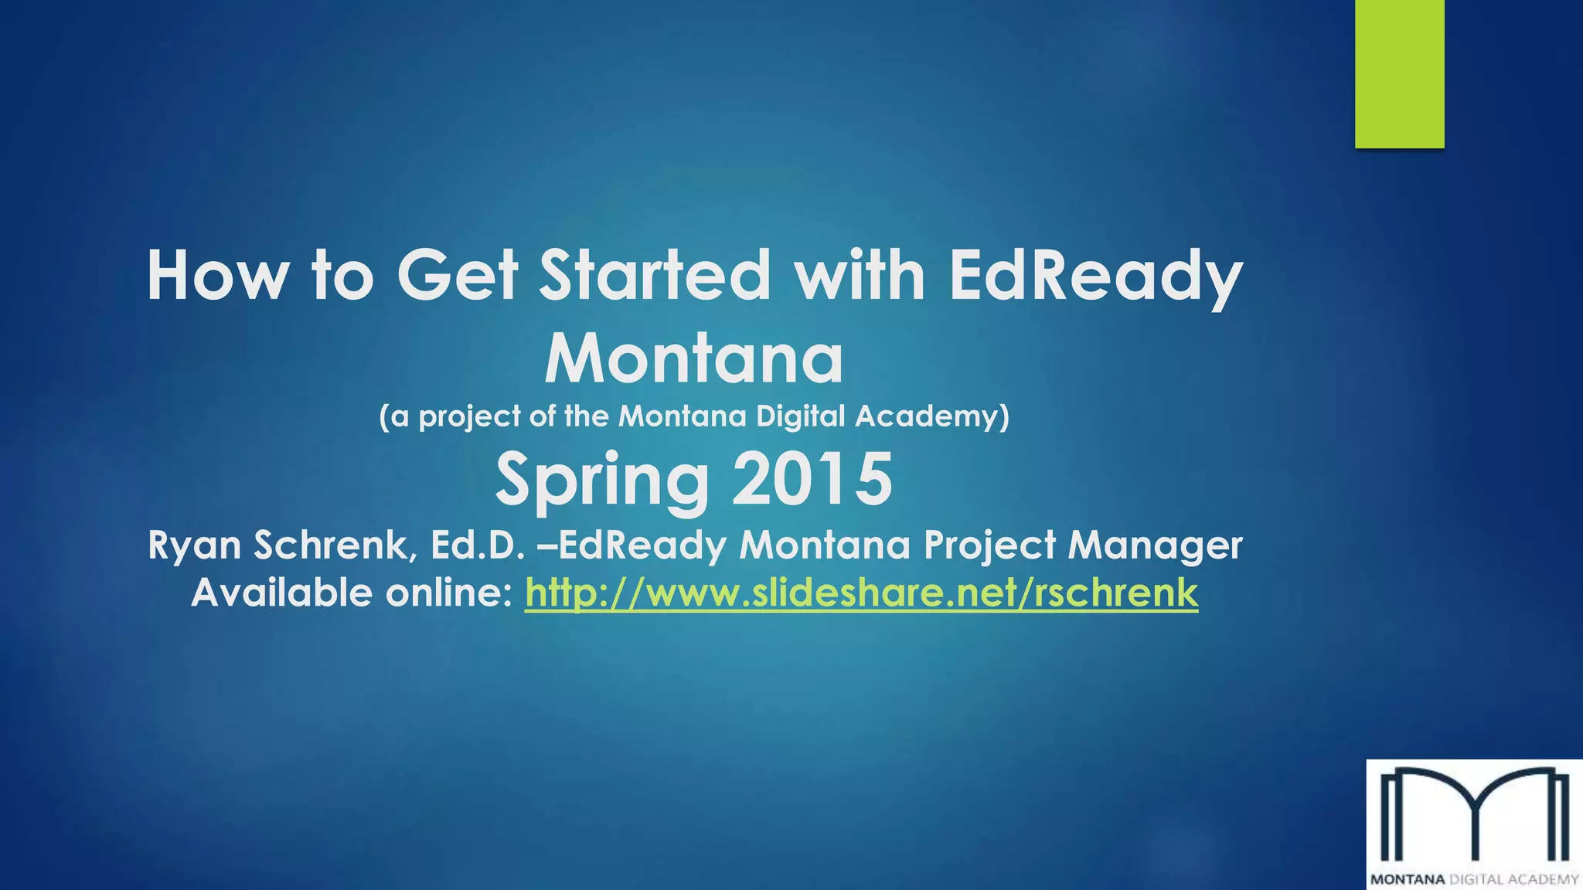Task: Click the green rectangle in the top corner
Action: tap(1399, 73)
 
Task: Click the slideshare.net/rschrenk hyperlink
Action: tap(861, 593)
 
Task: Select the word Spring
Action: tap(601, 481)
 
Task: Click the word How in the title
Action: tap(218, 276)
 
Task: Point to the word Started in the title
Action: tap(654, 276)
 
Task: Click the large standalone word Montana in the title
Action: tap(693, 359)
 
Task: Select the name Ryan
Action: tap(194, 545)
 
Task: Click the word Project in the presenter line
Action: tap(989, 545)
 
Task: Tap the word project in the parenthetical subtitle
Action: tap(469, 417)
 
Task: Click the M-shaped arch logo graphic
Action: tap(1474, 815)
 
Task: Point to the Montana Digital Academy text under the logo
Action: tap(1474, 879)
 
